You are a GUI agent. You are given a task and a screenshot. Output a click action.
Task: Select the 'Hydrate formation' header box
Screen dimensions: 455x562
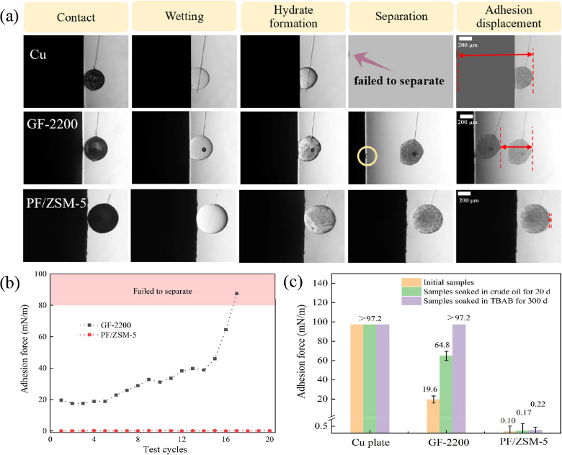point(293,17)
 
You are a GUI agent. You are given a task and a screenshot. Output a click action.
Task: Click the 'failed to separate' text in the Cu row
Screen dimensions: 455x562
point(398,81)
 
